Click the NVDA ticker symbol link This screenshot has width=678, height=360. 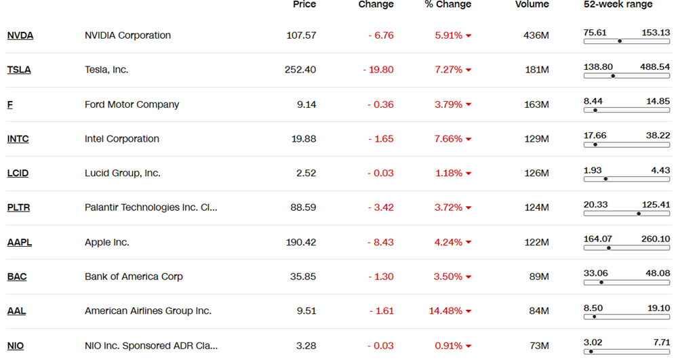[20, 35]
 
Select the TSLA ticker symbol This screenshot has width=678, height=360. [19, 70]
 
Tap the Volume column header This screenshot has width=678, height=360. [532, 4]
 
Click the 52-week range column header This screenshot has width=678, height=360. [618, 4]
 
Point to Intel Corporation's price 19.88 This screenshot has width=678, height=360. [302, 139]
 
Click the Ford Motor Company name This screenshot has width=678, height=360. [132, 104]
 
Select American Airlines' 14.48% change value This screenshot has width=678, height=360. [445, 311]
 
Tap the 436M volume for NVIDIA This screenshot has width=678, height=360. [536, 35]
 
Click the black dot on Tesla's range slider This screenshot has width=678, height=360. [613, 75]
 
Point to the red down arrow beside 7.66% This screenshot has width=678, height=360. [468, 140]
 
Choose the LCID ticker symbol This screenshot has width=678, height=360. [18, 173]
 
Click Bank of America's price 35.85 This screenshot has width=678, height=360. [302, 277]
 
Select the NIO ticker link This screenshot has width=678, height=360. [16, 346]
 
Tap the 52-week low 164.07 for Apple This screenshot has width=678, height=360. [598, 239]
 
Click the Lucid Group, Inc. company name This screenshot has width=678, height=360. [122, 173]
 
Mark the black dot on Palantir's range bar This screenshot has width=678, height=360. [639, 214]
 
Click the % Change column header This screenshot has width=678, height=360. [447, 4]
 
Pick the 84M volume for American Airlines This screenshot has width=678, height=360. [538, 311]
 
